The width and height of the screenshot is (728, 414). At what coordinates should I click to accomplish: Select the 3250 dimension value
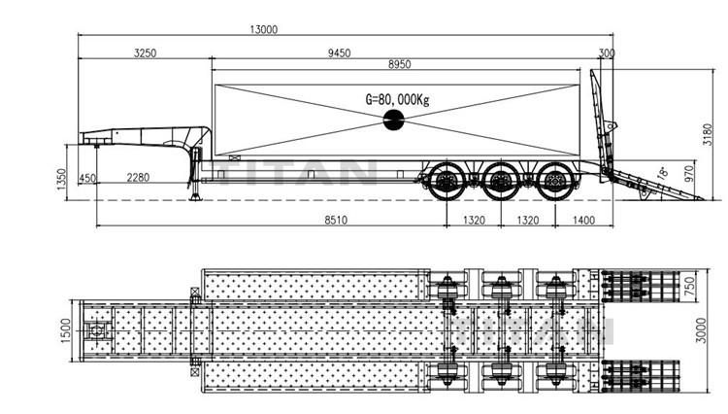pos(143,53)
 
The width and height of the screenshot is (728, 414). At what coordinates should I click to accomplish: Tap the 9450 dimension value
pos(339,53)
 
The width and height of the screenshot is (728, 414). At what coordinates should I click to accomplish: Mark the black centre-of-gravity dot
pos(395,121)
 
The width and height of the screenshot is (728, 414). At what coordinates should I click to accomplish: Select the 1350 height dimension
pos(60,179)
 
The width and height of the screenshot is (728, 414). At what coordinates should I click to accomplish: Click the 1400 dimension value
pos(583,222)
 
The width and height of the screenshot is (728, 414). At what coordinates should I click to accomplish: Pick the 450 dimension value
pos(87,178)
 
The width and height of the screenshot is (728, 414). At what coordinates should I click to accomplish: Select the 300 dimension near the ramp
pos(607,53)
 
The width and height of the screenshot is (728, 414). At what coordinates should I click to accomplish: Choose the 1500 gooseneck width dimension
pos(64,332)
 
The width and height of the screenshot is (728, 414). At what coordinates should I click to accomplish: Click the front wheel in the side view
pos(447,182)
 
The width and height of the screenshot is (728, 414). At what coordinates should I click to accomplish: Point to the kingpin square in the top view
pos(98,332)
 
